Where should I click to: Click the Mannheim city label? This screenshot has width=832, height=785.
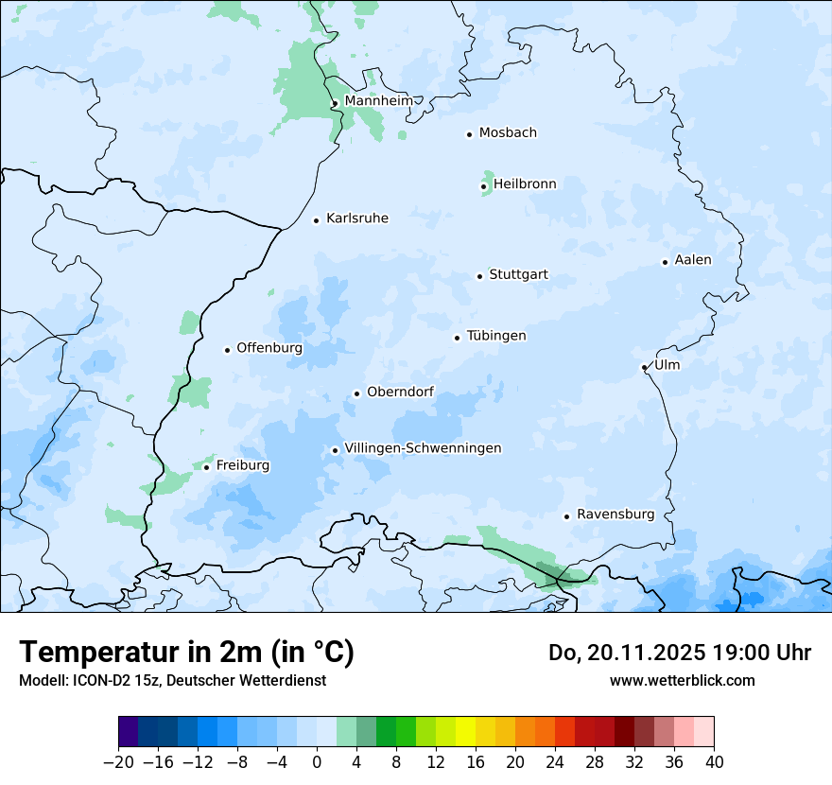click(x=379, y=101)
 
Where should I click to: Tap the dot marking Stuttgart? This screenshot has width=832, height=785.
click(x=480, y=276)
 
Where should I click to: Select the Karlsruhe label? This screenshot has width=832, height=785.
click(x=357, y=218)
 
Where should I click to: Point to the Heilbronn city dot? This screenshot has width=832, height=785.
click(x=484, y=186)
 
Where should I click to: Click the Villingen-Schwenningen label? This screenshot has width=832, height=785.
click(x=423, y=448)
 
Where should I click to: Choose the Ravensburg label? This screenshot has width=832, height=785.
click(x=615, y=515)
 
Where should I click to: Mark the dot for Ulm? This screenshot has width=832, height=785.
click(x=645, y=367)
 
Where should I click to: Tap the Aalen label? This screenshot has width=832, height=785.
click(x=693, y=260)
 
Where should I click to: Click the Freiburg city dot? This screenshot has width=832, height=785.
click(x=206, y=467)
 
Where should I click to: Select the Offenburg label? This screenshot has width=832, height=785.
click(x=269, y=348)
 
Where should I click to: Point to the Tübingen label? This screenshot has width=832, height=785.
click(x=496, y=336)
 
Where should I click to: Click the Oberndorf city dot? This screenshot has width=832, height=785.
click(x=356, y=393)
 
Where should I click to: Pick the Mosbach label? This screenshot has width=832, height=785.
click(x=508, y=132)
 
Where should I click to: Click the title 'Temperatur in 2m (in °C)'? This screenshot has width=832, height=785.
click(x=186, y=652)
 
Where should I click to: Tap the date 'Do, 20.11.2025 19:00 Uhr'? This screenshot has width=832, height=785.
click(x=680, y=653)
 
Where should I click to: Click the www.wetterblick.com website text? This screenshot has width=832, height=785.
click(x=682, y=680)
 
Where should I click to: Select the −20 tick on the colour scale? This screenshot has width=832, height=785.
click(x=119, y=762)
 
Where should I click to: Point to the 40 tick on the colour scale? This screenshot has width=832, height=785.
click(x=714, y=762)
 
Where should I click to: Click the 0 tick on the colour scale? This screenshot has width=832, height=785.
click(x=317, y=762)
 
